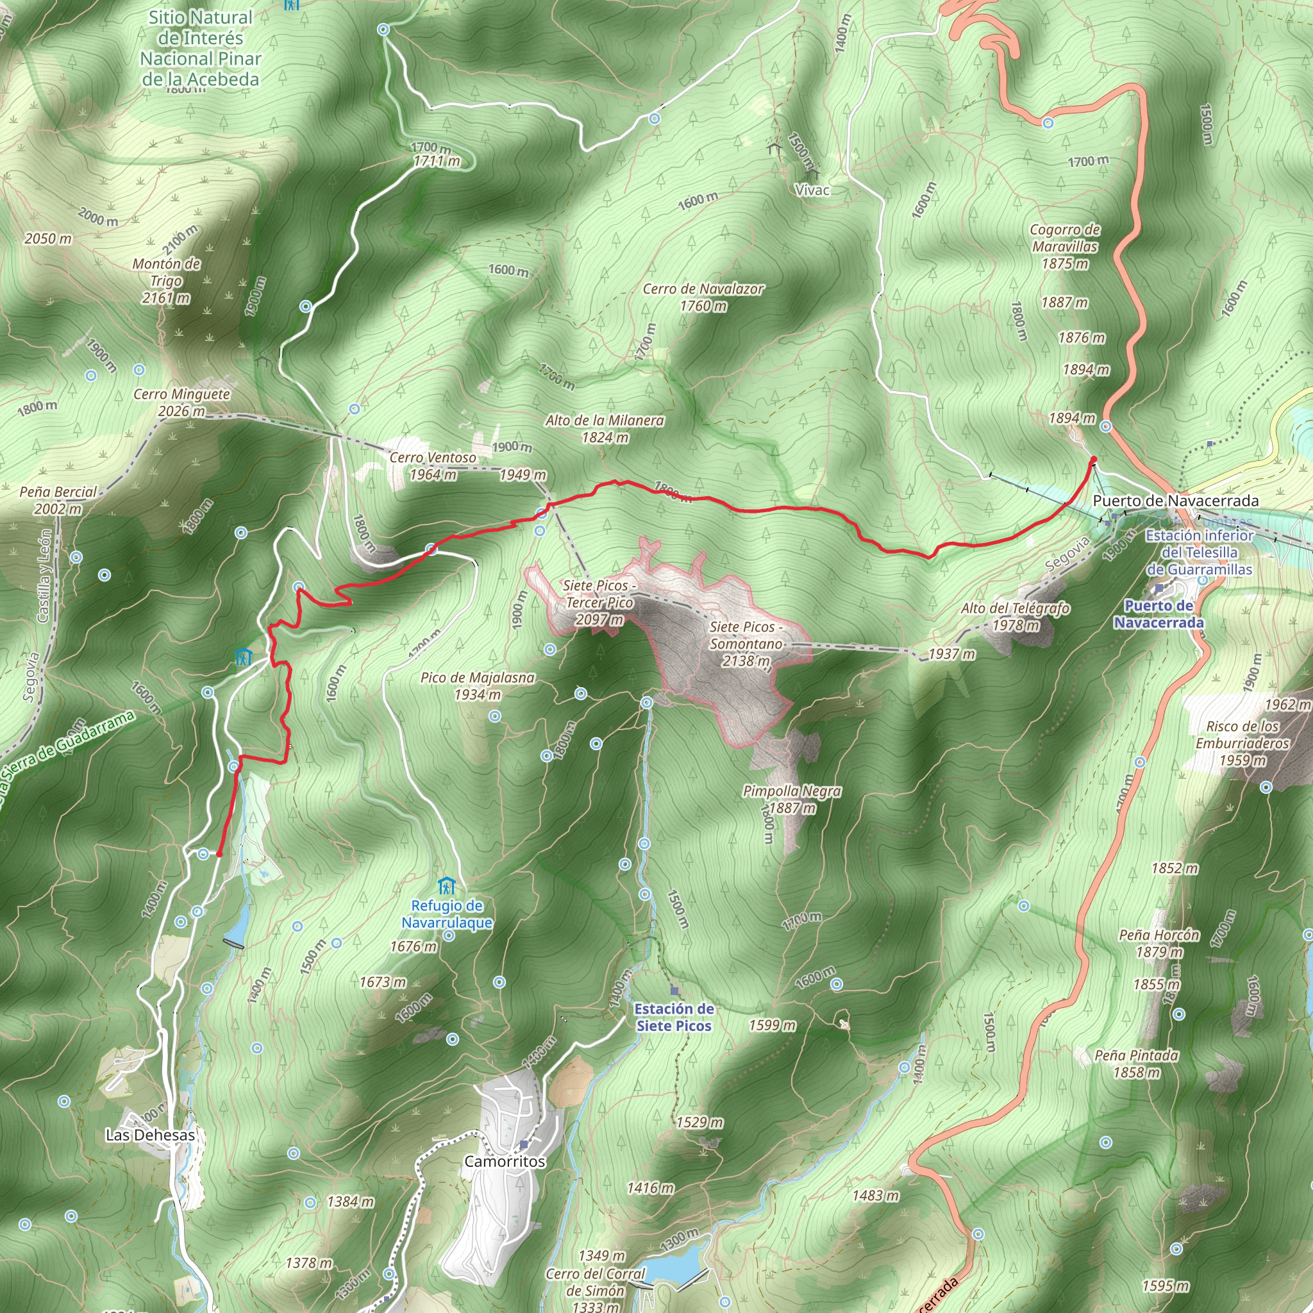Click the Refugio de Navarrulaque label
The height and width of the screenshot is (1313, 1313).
click(x=446, y=914)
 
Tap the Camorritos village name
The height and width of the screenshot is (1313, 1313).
click(x=505, y=1162)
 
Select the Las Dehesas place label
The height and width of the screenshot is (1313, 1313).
click(x=150, y=1135)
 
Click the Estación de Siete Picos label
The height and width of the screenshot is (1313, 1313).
click(x=674, y=1017)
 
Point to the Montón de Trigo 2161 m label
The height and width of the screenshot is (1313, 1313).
click(x=167, y=281)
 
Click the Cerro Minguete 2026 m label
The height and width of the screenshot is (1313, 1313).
click(x=181, y=403)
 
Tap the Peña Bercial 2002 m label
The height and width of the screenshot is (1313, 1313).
click(x=58, y=500)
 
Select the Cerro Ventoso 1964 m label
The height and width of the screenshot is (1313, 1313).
click(x=433, y=466)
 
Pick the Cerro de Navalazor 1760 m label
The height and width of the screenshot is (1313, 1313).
click(x=703, y=297)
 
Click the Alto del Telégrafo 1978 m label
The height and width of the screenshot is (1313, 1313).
click(x=1016, y=616)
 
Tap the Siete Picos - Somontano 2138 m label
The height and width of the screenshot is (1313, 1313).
click(x=746, y=644)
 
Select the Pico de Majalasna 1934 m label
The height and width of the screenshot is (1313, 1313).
click(x=477, y=686)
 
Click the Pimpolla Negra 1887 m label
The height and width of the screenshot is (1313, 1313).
click(x=792, y=799)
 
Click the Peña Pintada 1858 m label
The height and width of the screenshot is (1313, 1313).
click(x=1136, y=1064)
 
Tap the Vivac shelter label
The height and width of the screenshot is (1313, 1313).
click(x=812, y=190)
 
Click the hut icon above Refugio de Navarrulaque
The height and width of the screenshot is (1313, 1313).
click(x=446, y=886)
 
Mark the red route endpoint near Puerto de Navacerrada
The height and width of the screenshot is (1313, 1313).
click(x=1094, y=461)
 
